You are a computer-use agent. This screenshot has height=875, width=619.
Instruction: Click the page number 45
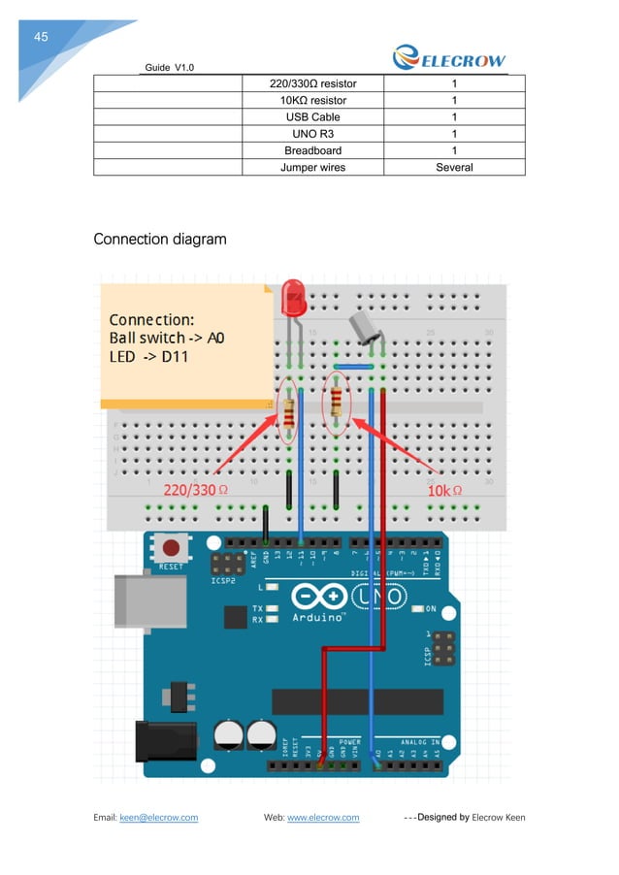pos(41,38)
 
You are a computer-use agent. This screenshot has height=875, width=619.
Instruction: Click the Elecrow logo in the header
pos(449,59)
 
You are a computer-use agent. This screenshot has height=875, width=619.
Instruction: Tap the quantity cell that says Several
pos(454,168)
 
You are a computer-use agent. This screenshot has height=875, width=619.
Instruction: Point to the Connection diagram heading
pos(159,239)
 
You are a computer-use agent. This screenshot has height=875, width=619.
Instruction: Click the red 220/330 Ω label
pos(195,491)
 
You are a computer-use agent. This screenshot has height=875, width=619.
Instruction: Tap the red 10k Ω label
pos(444,491)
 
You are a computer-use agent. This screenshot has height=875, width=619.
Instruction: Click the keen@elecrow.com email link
pos(158,817)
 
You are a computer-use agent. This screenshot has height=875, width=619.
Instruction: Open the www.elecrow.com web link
pos(323,817)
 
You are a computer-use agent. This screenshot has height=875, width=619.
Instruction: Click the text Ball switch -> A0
pos(167,339)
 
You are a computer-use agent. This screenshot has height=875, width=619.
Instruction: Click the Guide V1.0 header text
pos(170,67)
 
